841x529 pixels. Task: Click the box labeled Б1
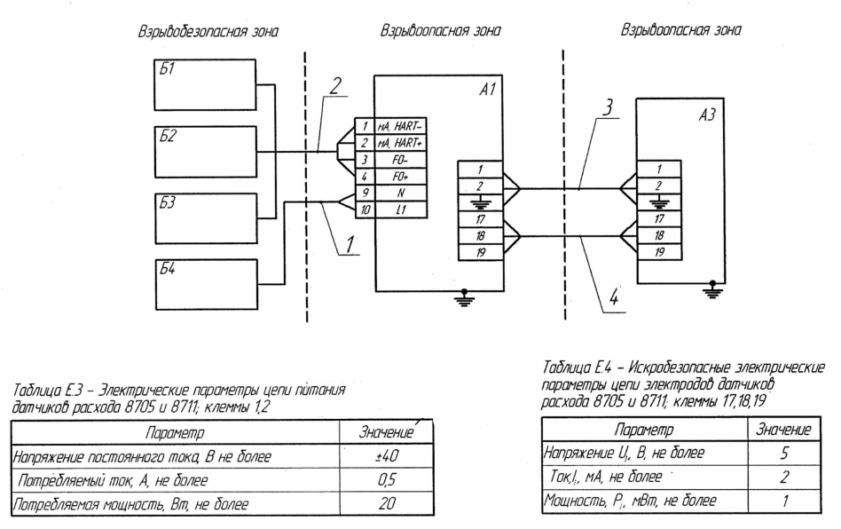click(205, 85)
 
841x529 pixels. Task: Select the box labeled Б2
click(205, 152)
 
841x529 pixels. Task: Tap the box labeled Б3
click(205, 218)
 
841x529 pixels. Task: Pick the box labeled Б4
click(205, 284)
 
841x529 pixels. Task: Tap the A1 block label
click(487, 89)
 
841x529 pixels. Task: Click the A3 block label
click(706, 114)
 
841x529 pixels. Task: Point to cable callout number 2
click(334, 85)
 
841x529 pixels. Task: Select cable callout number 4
click(614, 296)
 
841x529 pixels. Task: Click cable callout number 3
click(607, 107)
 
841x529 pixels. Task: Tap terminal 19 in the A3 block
click(659, 251)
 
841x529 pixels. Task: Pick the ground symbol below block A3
click(713, 290)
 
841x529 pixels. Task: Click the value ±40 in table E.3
click(387, 456)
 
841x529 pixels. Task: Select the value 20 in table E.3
click(387, 503)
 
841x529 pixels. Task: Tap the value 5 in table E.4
click(784, 454)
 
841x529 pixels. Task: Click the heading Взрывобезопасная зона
click(208, 31)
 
